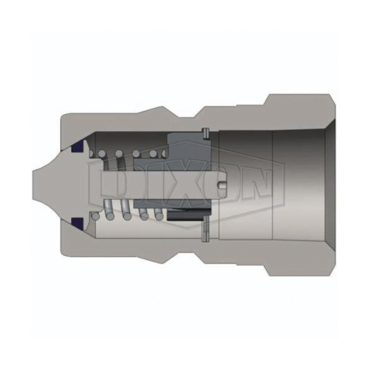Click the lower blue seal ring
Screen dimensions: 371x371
point(77,223)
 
